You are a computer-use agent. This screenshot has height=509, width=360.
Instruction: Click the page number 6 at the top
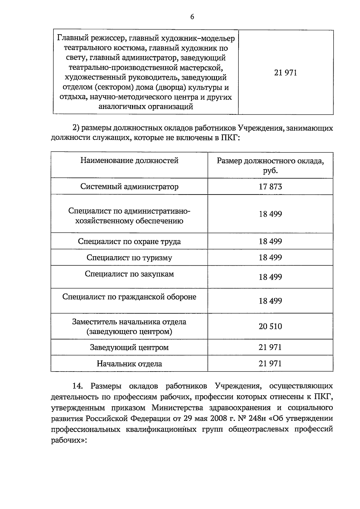pyautogui.click(x=192, y=17)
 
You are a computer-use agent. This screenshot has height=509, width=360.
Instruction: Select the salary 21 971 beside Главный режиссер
pyautogui.click(x=285, y=73)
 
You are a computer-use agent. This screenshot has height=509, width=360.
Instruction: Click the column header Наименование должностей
pyautogui.click(x=129, y=161)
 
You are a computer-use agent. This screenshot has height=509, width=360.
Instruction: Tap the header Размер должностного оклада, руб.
pyautogui.click(x=270, y=166)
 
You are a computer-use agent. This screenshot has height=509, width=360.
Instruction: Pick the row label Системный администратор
pyautogui.click(x=129, y=187)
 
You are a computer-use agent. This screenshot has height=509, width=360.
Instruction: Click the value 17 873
pyautogui.click(x=270, y=187)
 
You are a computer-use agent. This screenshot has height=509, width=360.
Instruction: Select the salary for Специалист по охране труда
pyautogui.click(x=270, y=241)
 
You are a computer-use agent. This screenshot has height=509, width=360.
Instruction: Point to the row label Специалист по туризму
pyautogui.click(x=129, y=258)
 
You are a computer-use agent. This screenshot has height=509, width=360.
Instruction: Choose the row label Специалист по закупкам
pyautogui.click(x=129, y=274)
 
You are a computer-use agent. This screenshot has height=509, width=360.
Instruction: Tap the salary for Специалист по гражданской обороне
pyautogui.click(x=270, y=301)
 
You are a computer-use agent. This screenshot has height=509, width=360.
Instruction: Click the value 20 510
pyautogui.click(x=270, y=326)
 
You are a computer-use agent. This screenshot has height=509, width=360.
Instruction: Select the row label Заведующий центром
pyautogui.click(x=129, y=348)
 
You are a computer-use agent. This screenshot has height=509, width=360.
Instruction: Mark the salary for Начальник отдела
pyautogui.click(x=270, y=364)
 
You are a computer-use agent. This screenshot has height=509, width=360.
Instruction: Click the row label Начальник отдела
pyautogui.click(x=129, y=364)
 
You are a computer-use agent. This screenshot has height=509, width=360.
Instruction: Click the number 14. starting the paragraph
pyautogui.click(x=78, y=386)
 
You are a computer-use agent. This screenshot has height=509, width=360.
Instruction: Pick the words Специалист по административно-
pyautogui.click(x=129, y=211)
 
